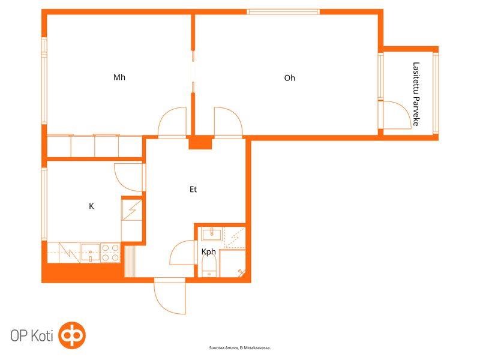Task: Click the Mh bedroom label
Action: click(x=119, y=77)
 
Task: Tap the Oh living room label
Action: click(x=290, y=78)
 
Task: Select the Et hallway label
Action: click(x=193, y=190)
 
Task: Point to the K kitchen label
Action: click(x=91, y=206)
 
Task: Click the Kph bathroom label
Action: click(x=208, y=252)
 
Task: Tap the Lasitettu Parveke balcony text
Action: click(x=416, y=94)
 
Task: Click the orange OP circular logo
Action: click(x=72, y=335)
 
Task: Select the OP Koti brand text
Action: click(x=32, y=336)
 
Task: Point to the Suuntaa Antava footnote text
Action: click(x=240, y=348)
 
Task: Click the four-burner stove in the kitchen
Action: click(x=110, y=253)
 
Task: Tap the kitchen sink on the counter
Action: click(x=91, y=253)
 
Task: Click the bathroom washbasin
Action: click(x=212, y=234)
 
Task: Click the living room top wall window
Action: click(x=283, y=12)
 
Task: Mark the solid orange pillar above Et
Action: click(x=200, y=142)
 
